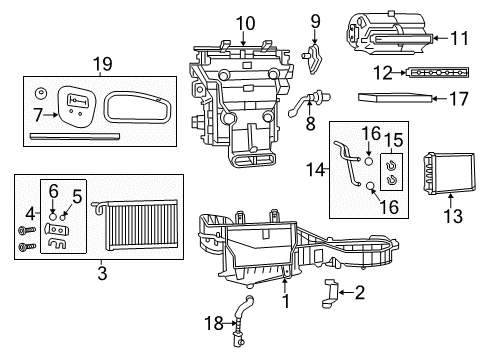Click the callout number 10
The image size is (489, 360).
click(x=245, y=22)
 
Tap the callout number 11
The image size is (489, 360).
click(x=459, y=39)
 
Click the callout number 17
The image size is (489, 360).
click(x=459, y=99)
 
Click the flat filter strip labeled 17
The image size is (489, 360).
click(x=399, y=99)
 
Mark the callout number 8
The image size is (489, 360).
click(x=310, y=125)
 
